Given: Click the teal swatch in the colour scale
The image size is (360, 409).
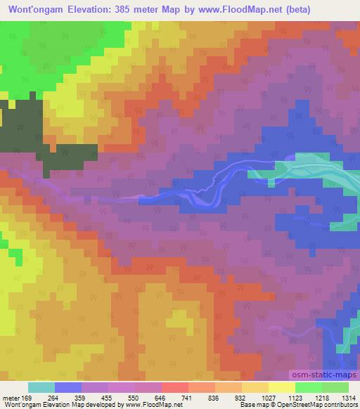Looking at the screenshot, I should click(x=41, y=387).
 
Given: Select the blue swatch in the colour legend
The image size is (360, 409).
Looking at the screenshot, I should click(x=68, y=387).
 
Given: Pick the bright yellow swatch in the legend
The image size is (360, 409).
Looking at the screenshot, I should click(x=281, y=387).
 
